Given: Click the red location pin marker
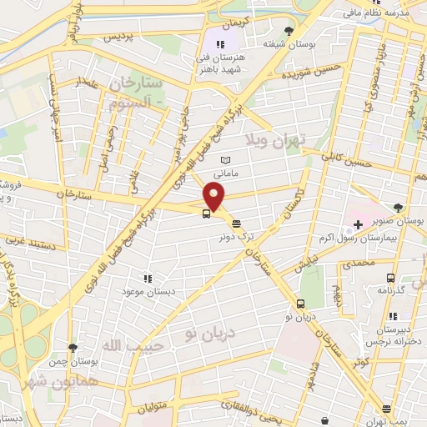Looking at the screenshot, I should pos(214,197).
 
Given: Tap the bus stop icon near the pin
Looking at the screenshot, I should pos(205,213).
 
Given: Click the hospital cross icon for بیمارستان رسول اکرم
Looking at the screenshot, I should pos(358,224).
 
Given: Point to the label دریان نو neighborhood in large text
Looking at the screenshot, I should pos(213,334).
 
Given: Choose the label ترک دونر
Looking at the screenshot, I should pos(237,236).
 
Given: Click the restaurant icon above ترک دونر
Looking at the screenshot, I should pos(237,224).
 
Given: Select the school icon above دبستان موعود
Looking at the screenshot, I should pos(147,279).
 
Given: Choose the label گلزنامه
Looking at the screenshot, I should pos(390,289).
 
